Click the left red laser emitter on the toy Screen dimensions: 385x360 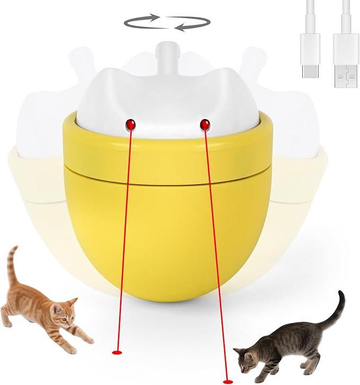coord(130,123)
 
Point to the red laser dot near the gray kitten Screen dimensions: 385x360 coord(228,379)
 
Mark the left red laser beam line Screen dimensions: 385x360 coord(123,238)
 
